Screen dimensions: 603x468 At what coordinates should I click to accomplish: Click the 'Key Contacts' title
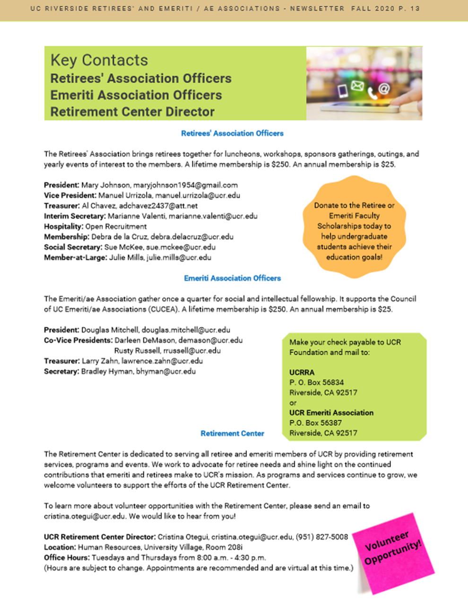coord(99,60)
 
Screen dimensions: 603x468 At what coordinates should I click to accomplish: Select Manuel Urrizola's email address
coord(198,195)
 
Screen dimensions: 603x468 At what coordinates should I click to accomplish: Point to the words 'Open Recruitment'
coord(116,226)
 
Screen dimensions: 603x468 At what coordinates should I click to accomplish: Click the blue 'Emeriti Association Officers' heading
coord(232,278)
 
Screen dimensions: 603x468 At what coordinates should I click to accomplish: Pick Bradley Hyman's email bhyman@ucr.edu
coord(166,372)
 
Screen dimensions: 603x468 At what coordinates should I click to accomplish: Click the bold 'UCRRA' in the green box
coord(302,372)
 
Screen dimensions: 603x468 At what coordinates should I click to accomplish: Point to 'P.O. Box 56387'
coord(315,423)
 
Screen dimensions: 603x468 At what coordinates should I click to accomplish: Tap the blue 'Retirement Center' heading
coord(232,434)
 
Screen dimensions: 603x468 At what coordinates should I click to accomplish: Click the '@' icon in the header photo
coord(384,89)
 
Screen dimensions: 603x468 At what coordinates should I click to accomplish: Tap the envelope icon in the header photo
coord(357,86)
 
